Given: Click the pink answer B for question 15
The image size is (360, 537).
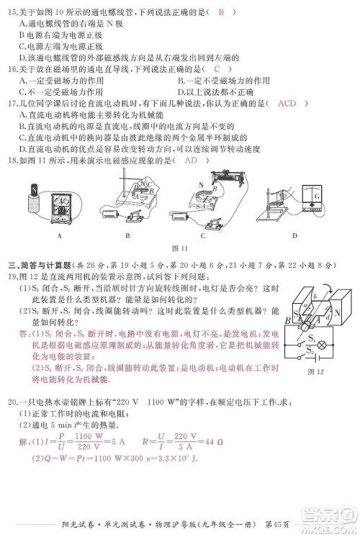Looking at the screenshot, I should (222, 12).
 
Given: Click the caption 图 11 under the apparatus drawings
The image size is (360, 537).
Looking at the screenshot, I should (180, 248).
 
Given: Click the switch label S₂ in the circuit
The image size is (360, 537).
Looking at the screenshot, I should (311, 352).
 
